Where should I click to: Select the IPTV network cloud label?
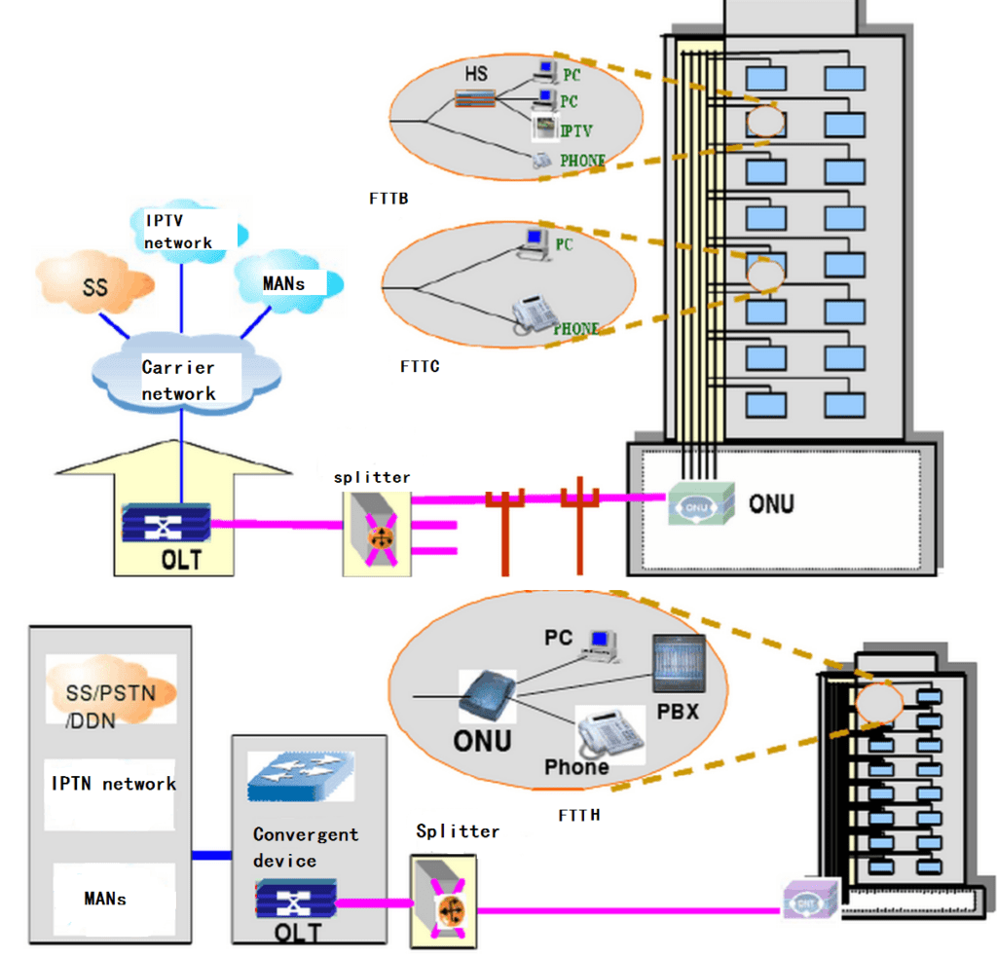(178, 230)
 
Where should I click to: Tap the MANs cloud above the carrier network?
(287, 283)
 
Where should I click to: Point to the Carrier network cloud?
(180, 380)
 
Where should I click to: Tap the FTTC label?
(420, 367)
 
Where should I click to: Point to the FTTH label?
(579, 814)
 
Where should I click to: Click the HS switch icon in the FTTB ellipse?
(474, 96)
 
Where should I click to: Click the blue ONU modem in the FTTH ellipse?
(486, 697)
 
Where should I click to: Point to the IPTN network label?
(114, 784)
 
